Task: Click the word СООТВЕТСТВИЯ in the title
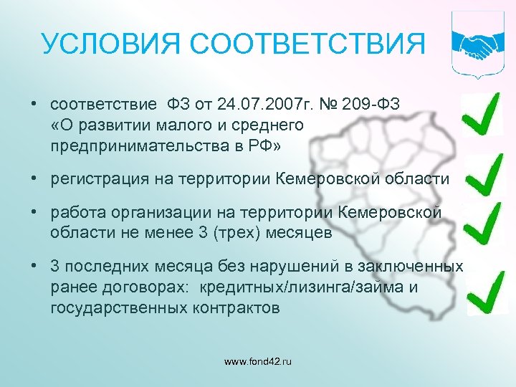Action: tap(300, 44)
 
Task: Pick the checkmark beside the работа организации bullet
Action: tap(482, 221)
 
